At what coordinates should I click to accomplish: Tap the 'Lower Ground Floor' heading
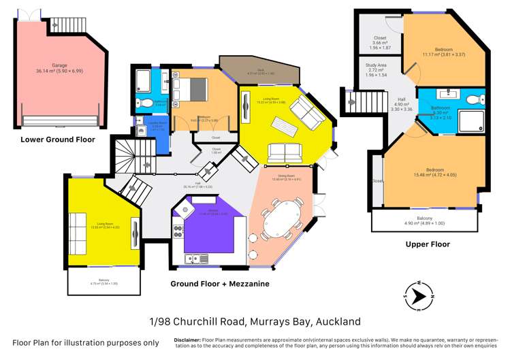pos(58,140)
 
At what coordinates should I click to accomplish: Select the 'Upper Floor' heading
pos(427,244)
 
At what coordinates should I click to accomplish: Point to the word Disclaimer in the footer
pos(187,339)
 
